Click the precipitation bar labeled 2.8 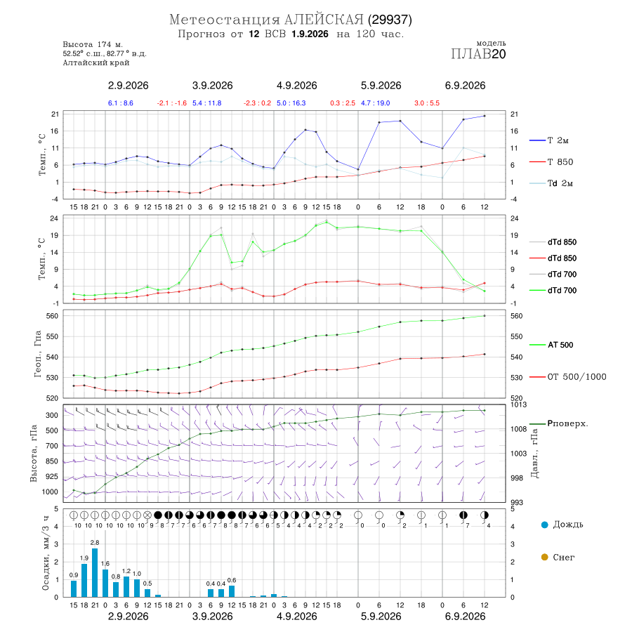tap(95, 572)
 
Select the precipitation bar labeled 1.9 tap(84, 581)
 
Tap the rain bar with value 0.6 tap(232, 591)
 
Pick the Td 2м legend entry tap(560, 183)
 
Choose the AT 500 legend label tap(560, 345)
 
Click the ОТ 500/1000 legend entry tap(577, 377)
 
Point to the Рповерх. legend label tap(567, 423)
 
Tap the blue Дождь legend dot tap(544, 525)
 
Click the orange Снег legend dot tap(544, 557)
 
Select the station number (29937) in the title tap(390, 20)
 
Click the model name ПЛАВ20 tap(478, 54)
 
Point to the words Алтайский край tap(96, 62)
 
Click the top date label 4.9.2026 tap(296, 86)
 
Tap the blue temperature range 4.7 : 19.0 tap(375, 103)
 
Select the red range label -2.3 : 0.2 tap(257, 103)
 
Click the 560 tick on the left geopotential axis tap(53, 316)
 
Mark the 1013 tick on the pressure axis tap(519, 404)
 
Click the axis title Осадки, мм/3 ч tap(46, 553)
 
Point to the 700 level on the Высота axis tap(51, 446)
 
